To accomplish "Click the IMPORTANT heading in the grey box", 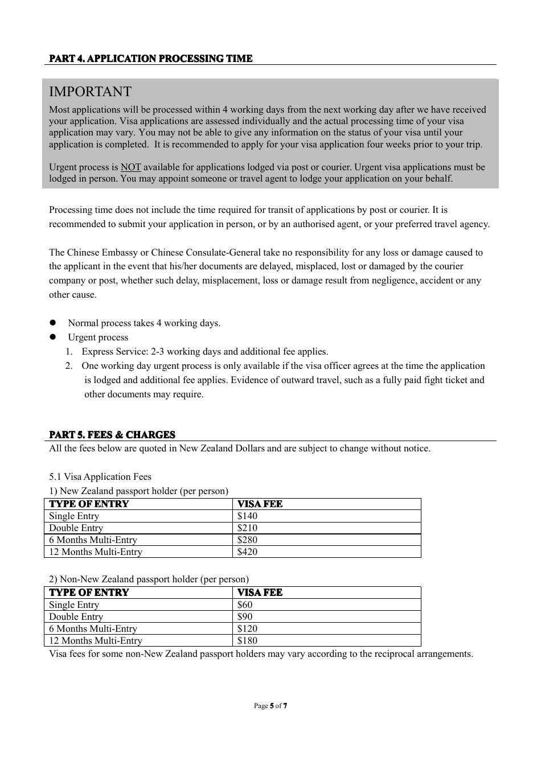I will [x=90, y=92].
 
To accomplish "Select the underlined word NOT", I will [x=130, y=167].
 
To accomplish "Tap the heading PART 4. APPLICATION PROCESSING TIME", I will [x=150, y=59].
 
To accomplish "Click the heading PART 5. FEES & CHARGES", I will [x=112, y=435].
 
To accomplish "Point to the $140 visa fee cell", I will [x=247, y=516].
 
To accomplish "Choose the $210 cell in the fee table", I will [x=247, y=528].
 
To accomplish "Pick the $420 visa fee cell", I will [x=247, y=552].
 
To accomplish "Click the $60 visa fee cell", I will [x=245, y=605].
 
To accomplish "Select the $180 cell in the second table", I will [x=247, y=641].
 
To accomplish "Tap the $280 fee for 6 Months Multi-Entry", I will [x=247, y=540].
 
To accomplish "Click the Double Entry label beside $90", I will [x=76, y=617].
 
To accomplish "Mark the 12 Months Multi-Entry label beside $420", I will [x=96, y=552].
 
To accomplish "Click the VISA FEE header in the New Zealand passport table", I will [x=260, y=504].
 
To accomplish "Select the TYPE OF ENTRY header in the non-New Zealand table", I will [x=89, y=593].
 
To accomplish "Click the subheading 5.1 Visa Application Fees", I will [x=100, y=477].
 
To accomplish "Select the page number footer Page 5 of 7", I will [x=270, y=706].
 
